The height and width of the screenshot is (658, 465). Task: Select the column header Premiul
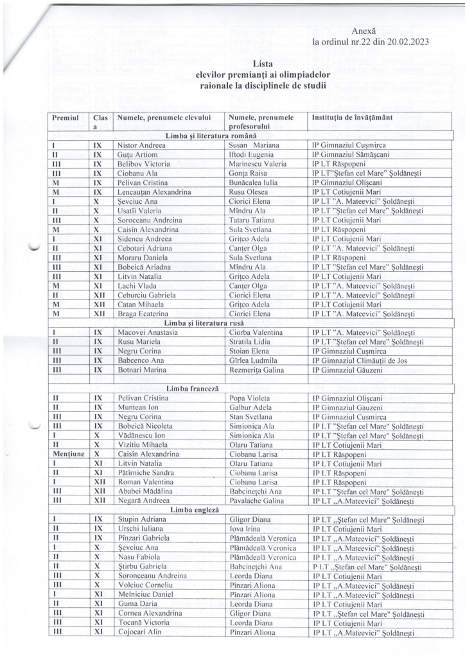point(66,118)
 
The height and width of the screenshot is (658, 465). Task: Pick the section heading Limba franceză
point(193,389)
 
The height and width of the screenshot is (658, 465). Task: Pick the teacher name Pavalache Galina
point(259,502)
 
